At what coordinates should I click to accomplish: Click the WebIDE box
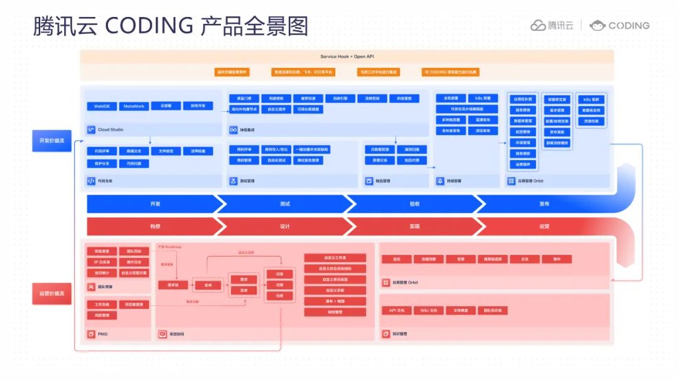click(102, 106)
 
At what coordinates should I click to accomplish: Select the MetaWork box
click(134, 106)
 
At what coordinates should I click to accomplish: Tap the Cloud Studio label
click(110, 130)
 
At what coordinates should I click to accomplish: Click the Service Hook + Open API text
click(347, 56)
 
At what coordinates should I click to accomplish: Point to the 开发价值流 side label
click(52, 141)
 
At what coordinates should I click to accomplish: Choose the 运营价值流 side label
click(52, 293)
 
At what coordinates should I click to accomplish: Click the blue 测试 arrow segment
click(284, 204)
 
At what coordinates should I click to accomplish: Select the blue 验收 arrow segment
click(414, 204)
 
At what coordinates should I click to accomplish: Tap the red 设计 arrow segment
click(284, 227)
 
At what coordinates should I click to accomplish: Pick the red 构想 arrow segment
click(154, 227)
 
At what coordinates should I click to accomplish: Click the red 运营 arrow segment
click(544, 227)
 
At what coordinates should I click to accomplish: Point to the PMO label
click(102, 334)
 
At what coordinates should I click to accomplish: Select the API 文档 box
click(397, 310)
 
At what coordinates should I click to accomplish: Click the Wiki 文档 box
click(428, 310)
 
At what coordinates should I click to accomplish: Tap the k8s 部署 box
click(483, 98)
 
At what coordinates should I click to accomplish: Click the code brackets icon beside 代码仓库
click(91, 181)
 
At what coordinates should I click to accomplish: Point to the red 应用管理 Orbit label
click(405, 282)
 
